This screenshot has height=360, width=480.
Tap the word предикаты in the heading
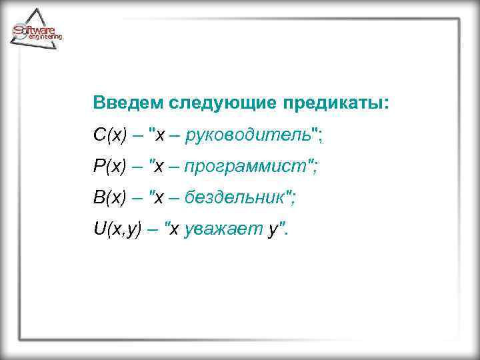(x=334, y=104)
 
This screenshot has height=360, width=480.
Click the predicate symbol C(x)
(x=109, y=135)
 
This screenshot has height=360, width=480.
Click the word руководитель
(x=248, y=135)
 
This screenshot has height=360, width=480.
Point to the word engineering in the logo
(x=45, y=38)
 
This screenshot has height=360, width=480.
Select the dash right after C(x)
(x=137, y=136)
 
